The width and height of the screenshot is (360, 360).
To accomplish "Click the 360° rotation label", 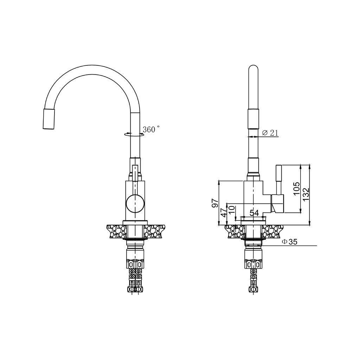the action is click(151, 129).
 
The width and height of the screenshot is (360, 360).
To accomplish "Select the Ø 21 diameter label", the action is click(270, 133).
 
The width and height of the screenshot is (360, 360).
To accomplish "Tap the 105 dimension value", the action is click(296, 188).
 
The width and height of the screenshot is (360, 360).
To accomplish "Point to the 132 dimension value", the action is click(306, 195).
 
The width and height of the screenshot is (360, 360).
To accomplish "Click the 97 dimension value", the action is click(215, 203).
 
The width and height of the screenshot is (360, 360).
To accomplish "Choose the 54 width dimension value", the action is click(254, 213).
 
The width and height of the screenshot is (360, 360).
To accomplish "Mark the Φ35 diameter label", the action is click(290, 242).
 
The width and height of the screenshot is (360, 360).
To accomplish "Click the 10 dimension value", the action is click(232, 210).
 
